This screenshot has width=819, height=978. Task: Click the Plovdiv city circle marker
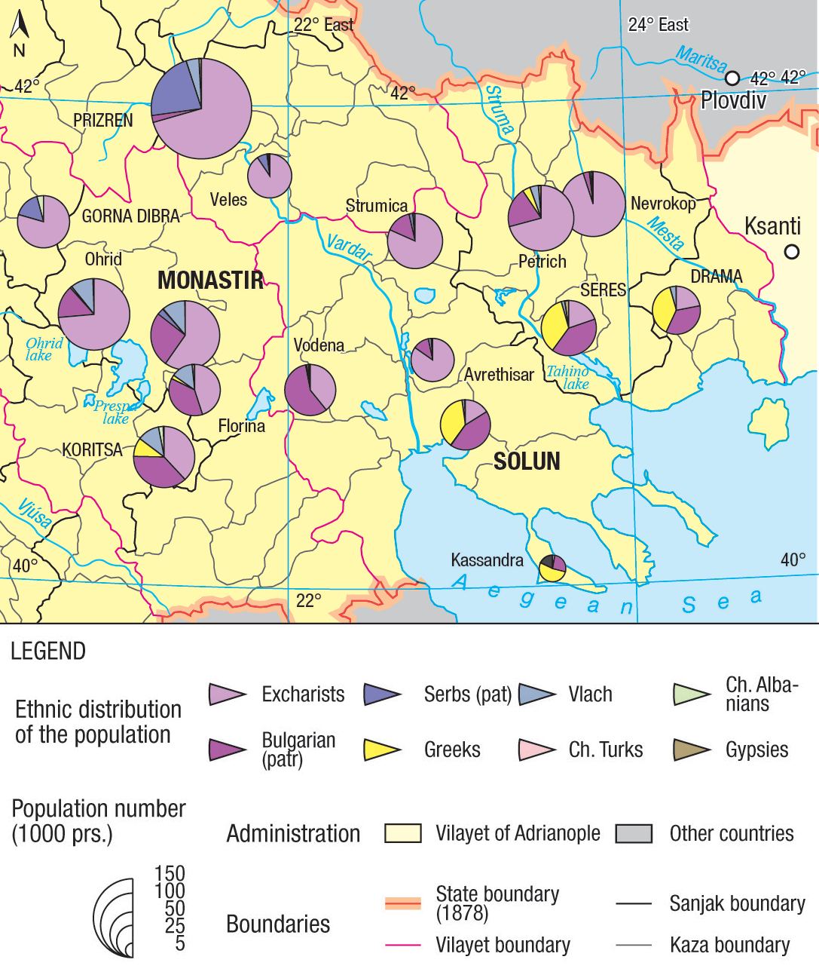tap(732, 78)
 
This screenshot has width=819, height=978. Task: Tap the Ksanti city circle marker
tap(791, 252)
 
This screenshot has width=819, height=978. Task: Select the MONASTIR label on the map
tap(210, 281)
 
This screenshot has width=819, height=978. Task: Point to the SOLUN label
tap(527, 461)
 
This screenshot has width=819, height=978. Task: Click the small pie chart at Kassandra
tap(552, 568)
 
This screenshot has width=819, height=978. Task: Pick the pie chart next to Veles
tap(269, 176)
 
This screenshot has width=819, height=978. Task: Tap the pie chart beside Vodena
tap(310, 390)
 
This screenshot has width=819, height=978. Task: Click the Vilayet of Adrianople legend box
tap(402, 833)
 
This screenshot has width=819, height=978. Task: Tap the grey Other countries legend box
tap(634, 833)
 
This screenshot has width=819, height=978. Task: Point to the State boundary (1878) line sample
tap(402, 903)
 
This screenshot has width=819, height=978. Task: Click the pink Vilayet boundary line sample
tap(402, 945)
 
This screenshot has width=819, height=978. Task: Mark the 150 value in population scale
tap(170, 873)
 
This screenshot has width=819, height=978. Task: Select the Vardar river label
tap(348, 247)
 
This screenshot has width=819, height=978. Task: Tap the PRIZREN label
tap(102, 121)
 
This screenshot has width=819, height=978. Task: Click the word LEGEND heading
tap(48, 651)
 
